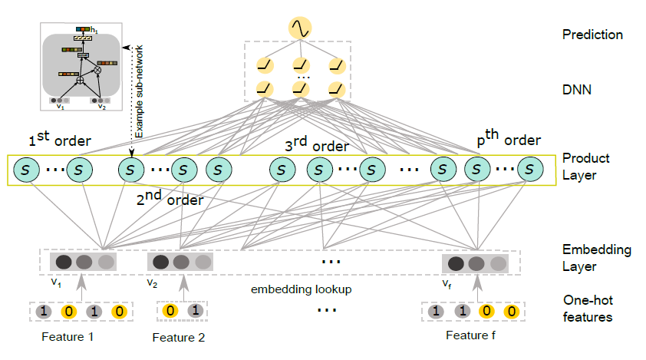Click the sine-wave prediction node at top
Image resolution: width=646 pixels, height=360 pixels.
(x=300, y=28)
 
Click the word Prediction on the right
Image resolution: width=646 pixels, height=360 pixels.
(x=592, y=35)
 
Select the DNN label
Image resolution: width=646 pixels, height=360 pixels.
(x=577, y=90)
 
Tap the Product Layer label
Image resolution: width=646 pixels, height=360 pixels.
(x=586, y=167)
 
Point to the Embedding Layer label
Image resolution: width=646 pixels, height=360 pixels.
(x=597, y=258)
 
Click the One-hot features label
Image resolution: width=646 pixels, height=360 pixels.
(x=588, y=309)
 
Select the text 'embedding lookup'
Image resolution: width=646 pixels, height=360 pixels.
(x=302, y=289)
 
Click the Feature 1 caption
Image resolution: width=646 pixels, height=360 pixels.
(x=68, y=337)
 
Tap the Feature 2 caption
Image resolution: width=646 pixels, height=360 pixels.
(x=179, y=338)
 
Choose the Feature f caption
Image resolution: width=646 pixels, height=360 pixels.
(x=470, y=335)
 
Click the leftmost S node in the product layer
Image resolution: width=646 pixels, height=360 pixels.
(x=26, y=170)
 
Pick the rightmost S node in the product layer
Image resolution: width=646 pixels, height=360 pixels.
(x=530, y=169)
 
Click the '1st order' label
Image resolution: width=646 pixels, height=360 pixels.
(x=60, y=139)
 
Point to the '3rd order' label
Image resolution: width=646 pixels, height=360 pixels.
(x=317, y=144)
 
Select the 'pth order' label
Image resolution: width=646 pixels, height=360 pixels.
(x=509, y=138)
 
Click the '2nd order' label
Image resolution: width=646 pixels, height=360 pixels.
(x=170, y=198)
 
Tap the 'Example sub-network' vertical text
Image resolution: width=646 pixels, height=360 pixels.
(x=140, y=91)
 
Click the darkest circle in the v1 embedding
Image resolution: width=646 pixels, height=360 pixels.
(x=64, y=262)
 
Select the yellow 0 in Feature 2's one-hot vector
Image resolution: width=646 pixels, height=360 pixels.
(x=170, y=311)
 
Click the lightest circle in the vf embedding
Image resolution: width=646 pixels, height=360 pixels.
(x=498, y=264)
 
